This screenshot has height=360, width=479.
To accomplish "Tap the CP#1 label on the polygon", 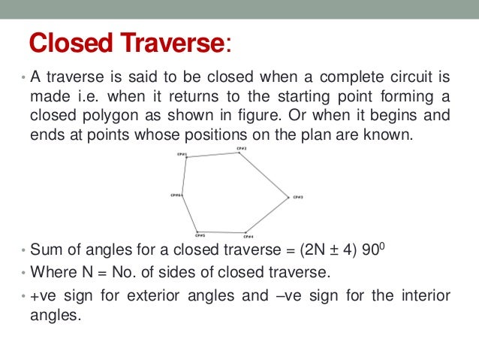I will coord(181,154).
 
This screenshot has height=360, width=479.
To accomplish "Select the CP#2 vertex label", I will coord(241,148).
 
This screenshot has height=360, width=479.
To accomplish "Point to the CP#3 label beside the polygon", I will coord(297,197).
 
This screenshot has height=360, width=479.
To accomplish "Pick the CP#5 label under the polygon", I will coord(199,235).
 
